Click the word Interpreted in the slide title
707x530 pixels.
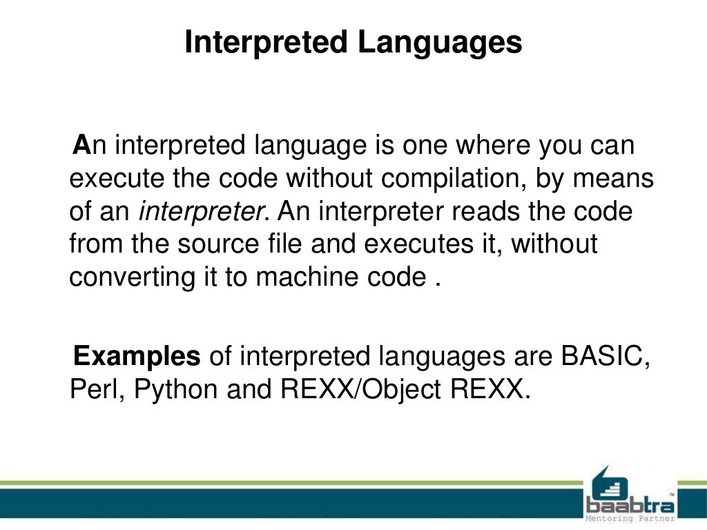tap(266, 43)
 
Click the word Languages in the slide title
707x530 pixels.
tap(439, 43)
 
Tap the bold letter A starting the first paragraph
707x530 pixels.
tap(82, 146)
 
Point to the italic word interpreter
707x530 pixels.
tap(202, 211)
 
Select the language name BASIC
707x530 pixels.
tap(605, 357)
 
